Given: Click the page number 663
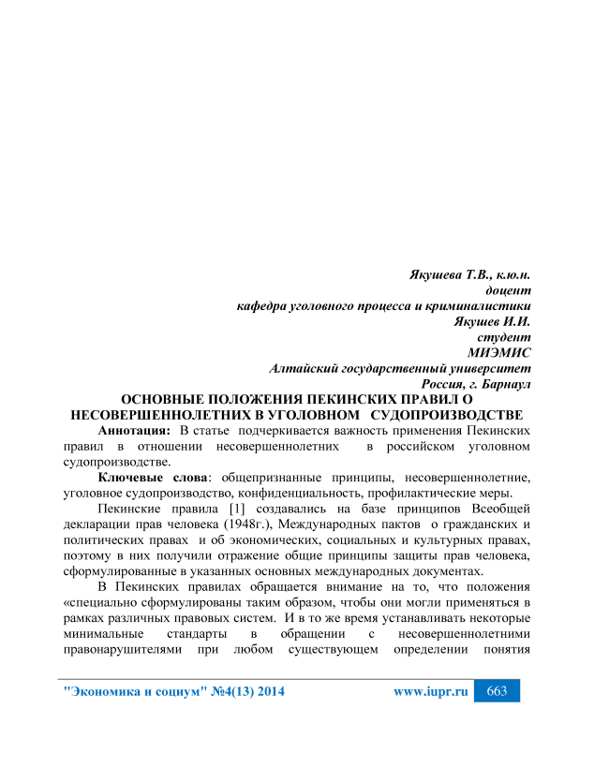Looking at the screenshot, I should click(497, 691).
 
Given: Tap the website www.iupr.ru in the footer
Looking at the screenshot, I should click(431, 692).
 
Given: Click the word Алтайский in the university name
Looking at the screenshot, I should click(307, 367).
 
